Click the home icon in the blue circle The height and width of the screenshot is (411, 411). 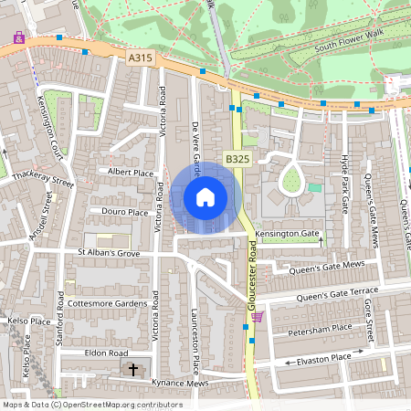(205, 196)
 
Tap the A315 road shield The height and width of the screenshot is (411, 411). (140, 58)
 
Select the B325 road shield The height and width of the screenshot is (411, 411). (237, 159)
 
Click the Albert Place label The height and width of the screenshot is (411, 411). (130, 172)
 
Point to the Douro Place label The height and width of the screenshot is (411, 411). (124, 212)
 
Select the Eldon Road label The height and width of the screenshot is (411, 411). (107, 352)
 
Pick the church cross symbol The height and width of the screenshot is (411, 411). (133, 370)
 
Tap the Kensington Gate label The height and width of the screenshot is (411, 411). (287, 234)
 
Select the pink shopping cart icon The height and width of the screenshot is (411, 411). (258, 317)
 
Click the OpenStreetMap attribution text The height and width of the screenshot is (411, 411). (92, 404)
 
